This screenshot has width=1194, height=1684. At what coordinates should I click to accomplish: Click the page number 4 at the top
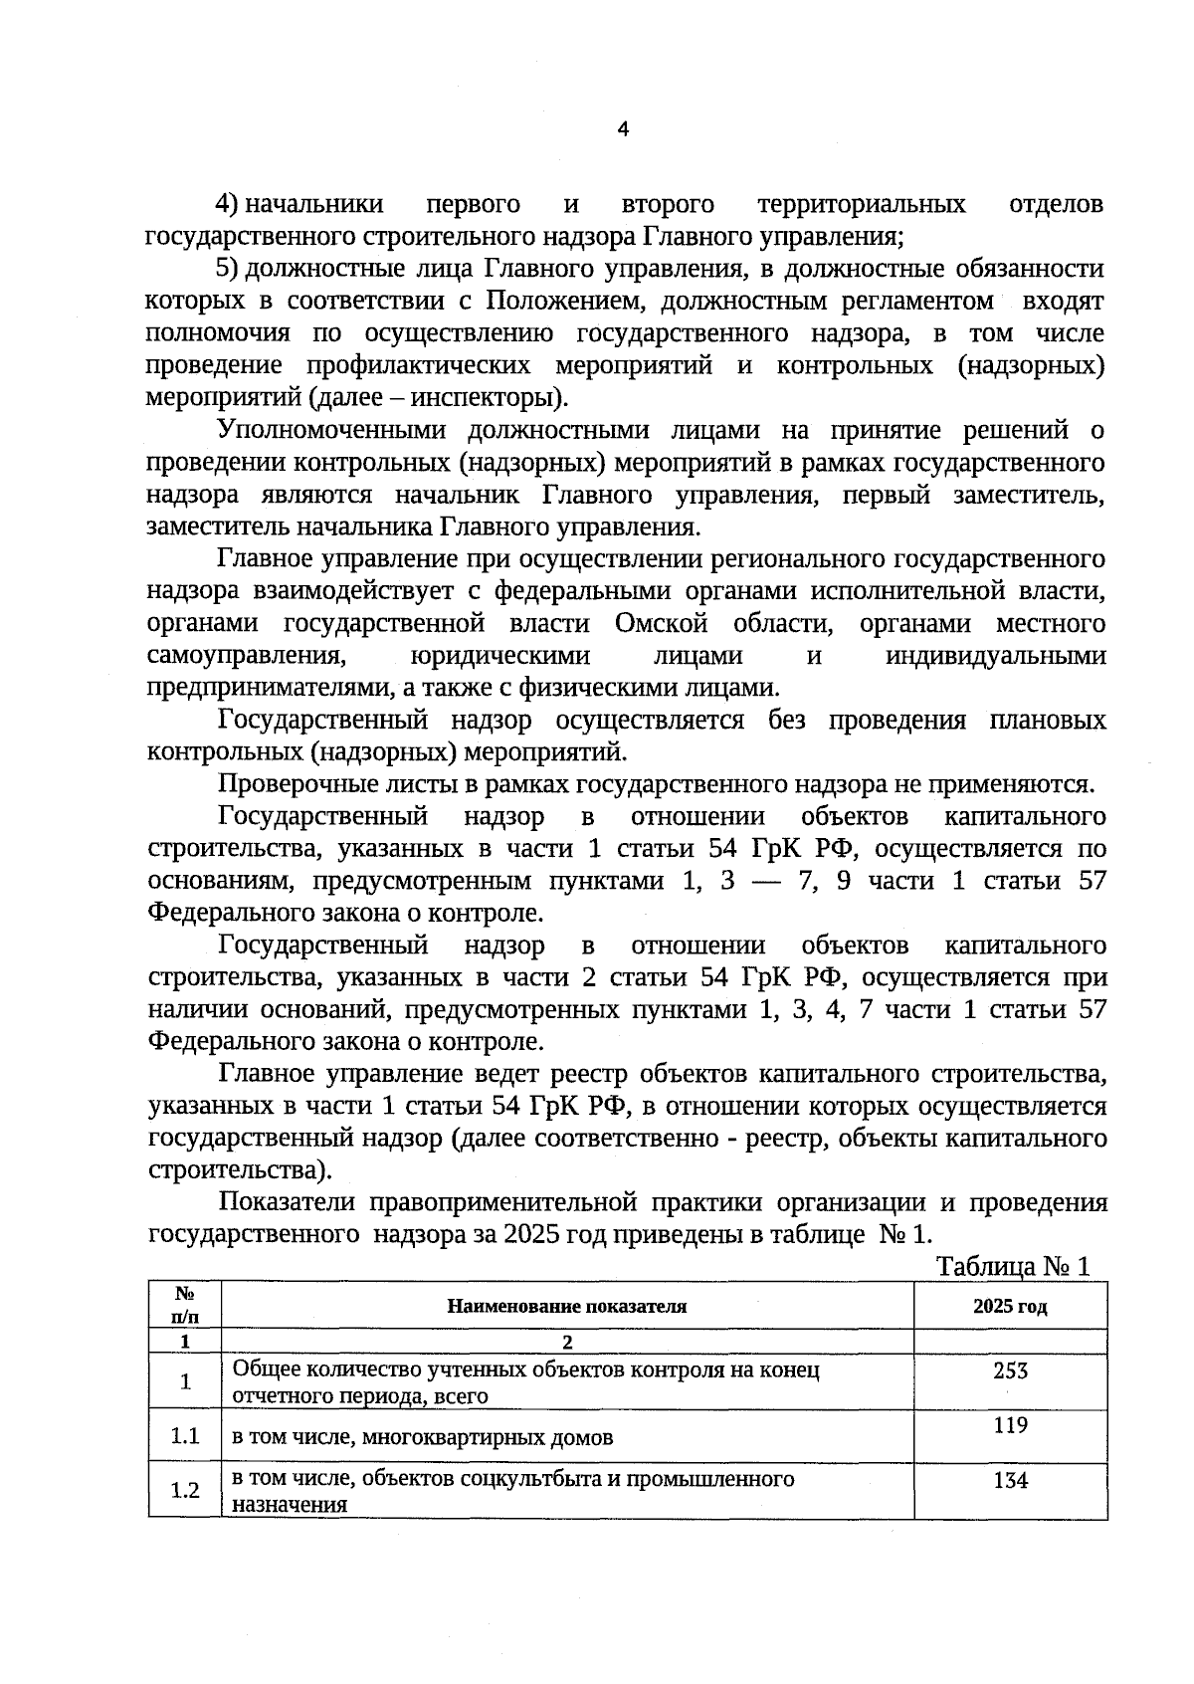[623, 129]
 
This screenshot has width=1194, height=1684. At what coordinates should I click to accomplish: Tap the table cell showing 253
[1010, 1370]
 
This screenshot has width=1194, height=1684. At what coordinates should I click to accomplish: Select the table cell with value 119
[1010, 1425]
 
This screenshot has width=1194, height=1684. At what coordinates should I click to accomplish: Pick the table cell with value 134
[1010, 1480]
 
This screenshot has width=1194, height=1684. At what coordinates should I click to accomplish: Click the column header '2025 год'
[1010, 1307]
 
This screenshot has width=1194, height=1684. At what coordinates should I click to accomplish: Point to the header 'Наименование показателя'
[567, 1307]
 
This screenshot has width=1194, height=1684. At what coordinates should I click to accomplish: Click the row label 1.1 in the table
[185, 1435]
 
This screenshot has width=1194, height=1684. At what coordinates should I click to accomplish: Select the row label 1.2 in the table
[185, 1490]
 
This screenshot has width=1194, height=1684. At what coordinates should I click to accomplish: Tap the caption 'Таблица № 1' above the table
[1014, 1266]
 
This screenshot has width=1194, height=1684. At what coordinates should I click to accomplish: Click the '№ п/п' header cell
[185, 1305]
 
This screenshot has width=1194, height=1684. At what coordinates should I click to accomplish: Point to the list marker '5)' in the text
[227, 269]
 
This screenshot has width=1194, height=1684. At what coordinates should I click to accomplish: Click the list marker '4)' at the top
[227, 205]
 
